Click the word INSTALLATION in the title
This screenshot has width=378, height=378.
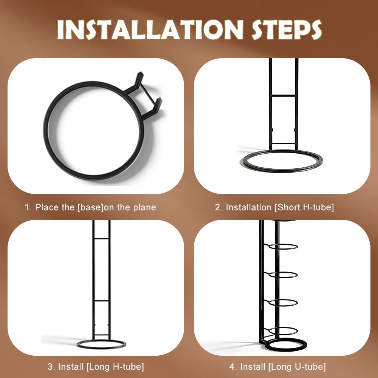click(150, 30)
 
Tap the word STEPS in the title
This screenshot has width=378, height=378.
click(287, 30)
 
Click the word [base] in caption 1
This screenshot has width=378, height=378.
click(90, 207)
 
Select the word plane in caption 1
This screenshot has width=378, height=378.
click(144, 208)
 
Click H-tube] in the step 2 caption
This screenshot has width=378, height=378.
click(318, 207)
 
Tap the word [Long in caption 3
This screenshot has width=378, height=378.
click(98, 367)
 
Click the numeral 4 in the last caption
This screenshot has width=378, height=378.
click(231, 367)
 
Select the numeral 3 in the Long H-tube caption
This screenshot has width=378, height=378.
click(50, 367)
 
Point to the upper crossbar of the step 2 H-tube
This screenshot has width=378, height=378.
click(284, 96)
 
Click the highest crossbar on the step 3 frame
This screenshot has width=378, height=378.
click(102, 239)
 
